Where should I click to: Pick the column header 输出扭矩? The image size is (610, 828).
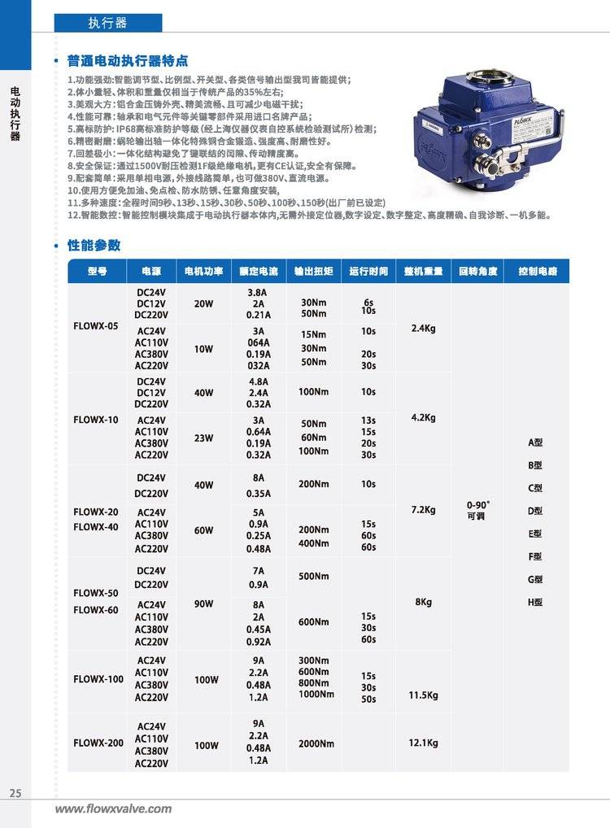313,271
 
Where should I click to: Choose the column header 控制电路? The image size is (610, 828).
536,271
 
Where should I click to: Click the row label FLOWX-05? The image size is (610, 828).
96,326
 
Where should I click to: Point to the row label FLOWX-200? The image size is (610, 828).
98,743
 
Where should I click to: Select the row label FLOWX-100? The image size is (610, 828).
98,678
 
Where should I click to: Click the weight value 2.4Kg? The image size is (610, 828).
424,329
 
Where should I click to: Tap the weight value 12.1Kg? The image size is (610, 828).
424,743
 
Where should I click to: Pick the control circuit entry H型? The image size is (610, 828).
535,603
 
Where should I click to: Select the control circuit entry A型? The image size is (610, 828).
535,442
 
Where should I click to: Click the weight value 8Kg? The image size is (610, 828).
424,603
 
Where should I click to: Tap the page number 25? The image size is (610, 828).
15,794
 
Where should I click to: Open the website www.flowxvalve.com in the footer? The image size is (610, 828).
113,808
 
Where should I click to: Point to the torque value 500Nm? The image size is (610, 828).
313,577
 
